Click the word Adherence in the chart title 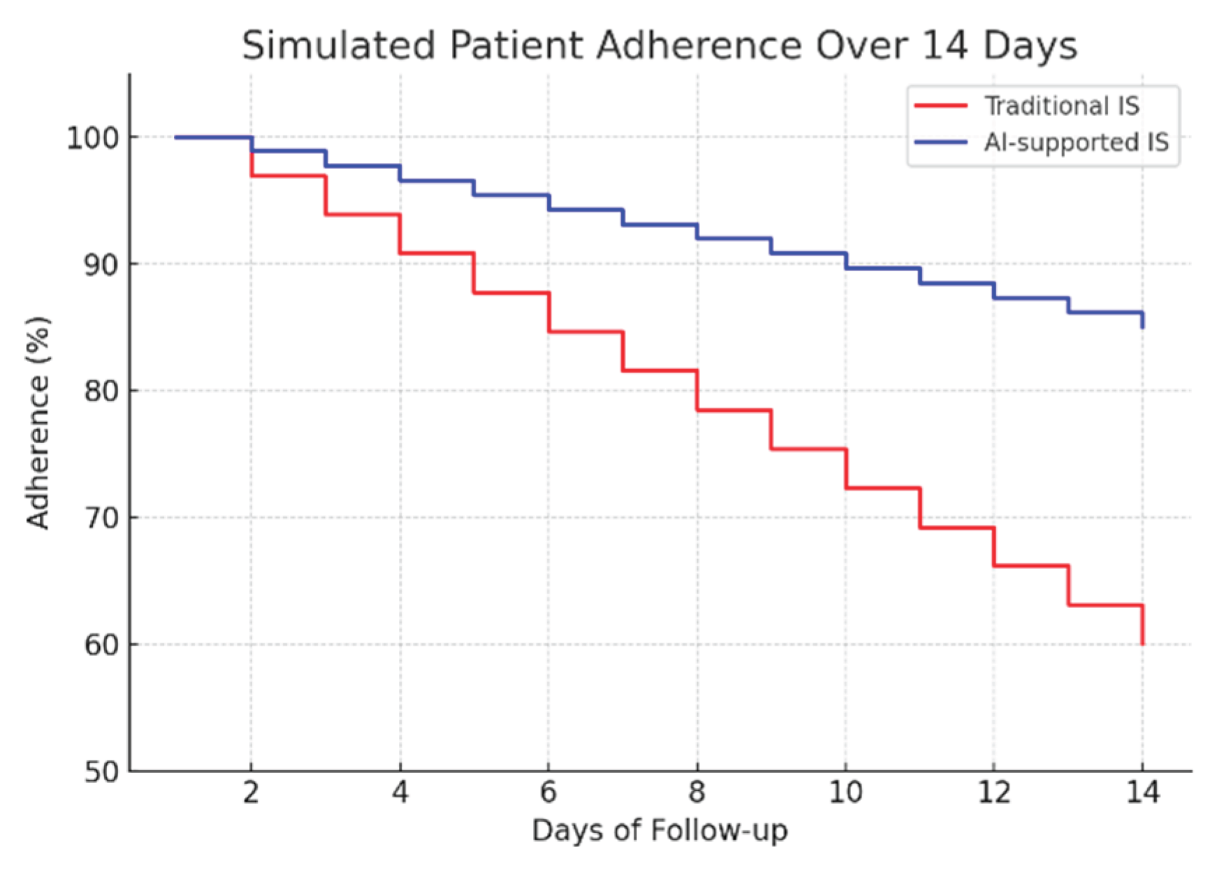[699, 46]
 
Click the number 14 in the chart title [944, 46]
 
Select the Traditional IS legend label [1061, 106]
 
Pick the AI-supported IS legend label [1076, 143]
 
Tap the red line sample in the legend [940, 106]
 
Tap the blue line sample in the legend [940, 143]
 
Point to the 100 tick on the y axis [92, 138]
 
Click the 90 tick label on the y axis [101, 265]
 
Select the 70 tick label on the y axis [101, 519]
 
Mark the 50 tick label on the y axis [101, 772]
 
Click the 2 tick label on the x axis [251, 793]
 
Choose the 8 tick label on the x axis [697, 793]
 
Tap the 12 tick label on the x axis [993, 793]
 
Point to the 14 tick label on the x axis [1142, 793]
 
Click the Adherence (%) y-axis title [38, 422]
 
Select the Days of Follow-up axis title [660, 831]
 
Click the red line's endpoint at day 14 [1142, 643]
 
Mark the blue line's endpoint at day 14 [1142, 326]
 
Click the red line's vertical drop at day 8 [697, 390]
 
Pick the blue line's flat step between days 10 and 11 [882, 268]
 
